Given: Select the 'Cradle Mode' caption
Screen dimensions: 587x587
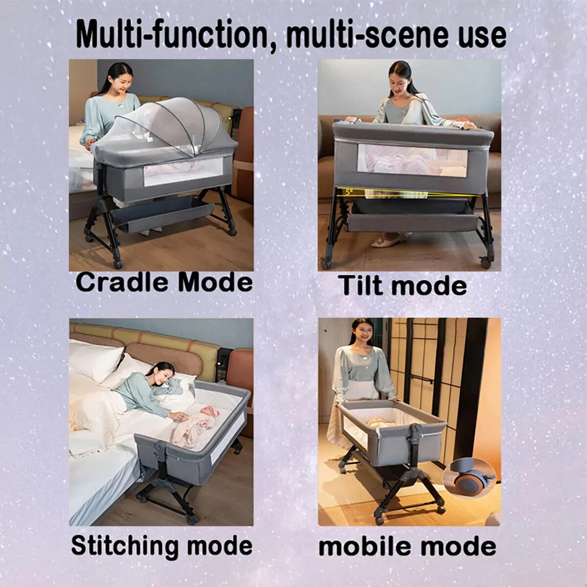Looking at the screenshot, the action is coord(164,283).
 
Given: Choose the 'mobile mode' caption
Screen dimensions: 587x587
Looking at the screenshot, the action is coord(407,545).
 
